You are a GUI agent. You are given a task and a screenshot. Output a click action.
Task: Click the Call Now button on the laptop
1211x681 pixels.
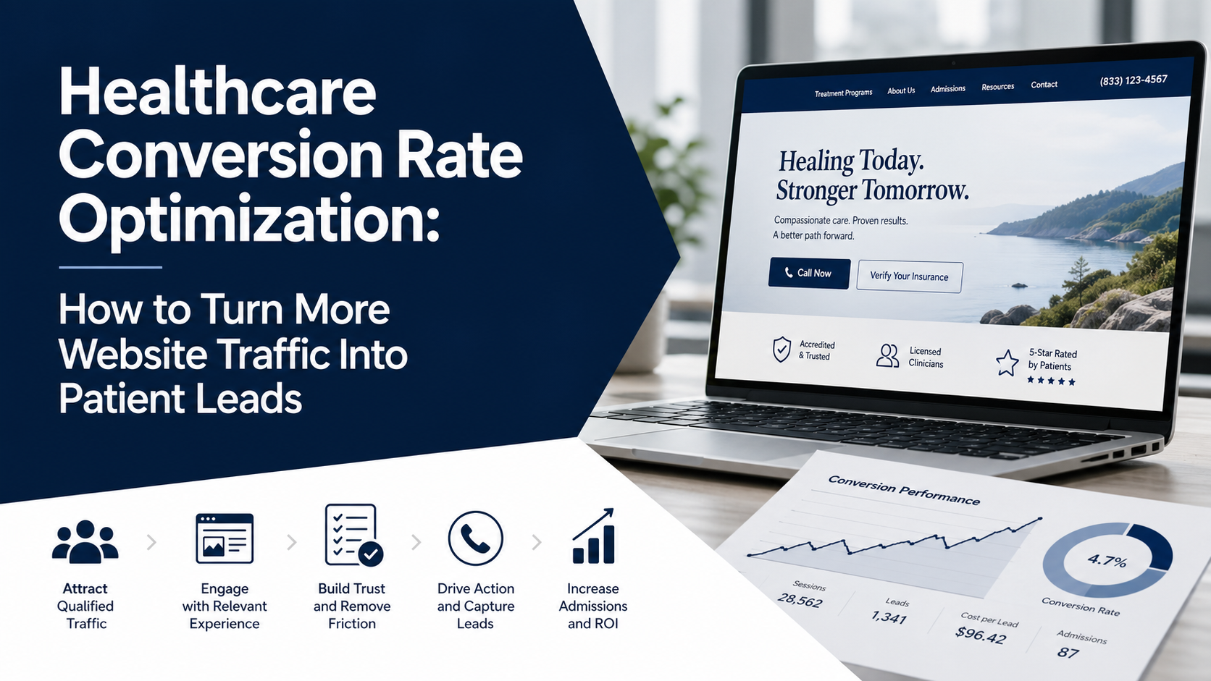coord(809,274)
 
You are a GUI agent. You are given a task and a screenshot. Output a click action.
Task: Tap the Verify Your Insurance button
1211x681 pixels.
coord(909,276)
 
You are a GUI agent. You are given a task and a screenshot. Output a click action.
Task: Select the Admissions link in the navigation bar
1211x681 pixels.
coord(947,89)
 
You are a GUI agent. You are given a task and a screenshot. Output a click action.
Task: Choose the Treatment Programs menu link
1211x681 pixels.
coord(843,93)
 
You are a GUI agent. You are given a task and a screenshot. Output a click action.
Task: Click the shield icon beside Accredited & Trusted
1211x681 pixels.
coord(781,350)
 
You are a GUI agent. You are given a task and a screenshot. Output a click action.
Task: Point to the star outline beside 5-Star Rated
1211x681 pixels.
coord(1007,363)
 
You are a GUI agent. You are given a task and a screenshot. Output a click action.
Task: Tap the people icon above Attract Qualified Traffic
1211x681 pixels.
coord(85,541)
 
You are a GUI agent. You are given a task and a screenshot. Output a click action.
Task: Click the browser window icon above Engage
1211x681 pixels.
coord(225,538)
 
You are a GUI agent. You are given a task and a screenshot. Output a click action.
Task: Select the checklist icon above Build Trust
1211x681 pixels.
coord(353,536)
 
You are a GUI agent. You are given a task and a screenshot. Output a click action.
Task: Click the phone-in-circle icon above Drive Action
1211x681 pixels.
coord(475,538)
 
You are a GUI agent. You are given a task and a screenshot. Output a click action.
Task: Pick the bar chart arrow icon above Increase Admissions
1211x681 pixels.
coord(594,536)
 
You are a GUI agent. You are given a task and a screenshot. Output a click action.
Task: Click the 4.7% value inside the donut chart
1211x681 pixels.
coord(1107,560)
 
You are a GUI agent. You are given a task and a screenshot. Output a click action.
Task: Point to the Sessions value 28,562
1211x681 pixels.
coord(800,600)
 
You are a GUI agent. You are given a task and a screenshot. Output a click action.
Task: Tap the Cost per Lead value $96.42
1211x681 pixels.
coord(981,635)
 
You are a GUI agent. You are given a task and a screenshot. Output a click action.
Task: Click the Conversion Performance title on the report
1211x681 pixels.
coord(904,490)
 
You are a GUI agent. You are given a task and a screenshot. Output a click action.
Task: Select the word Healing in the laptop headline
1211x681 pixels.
coord(816,161)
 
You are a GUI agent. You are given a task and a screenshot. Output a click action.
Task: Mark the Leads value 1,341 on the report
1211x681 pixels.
coord(889,617)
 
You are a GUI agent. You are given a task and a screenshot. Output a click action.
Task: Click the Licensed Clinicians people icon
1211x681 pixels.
coord(887,356)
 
